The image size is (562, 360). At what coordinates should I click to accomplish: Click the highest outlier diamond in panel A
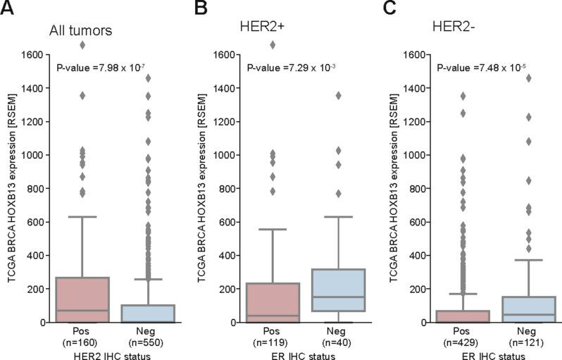click(83, 45)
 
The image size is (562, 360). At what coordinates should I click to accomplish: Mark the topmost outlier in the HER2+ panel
click(273, 45)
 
